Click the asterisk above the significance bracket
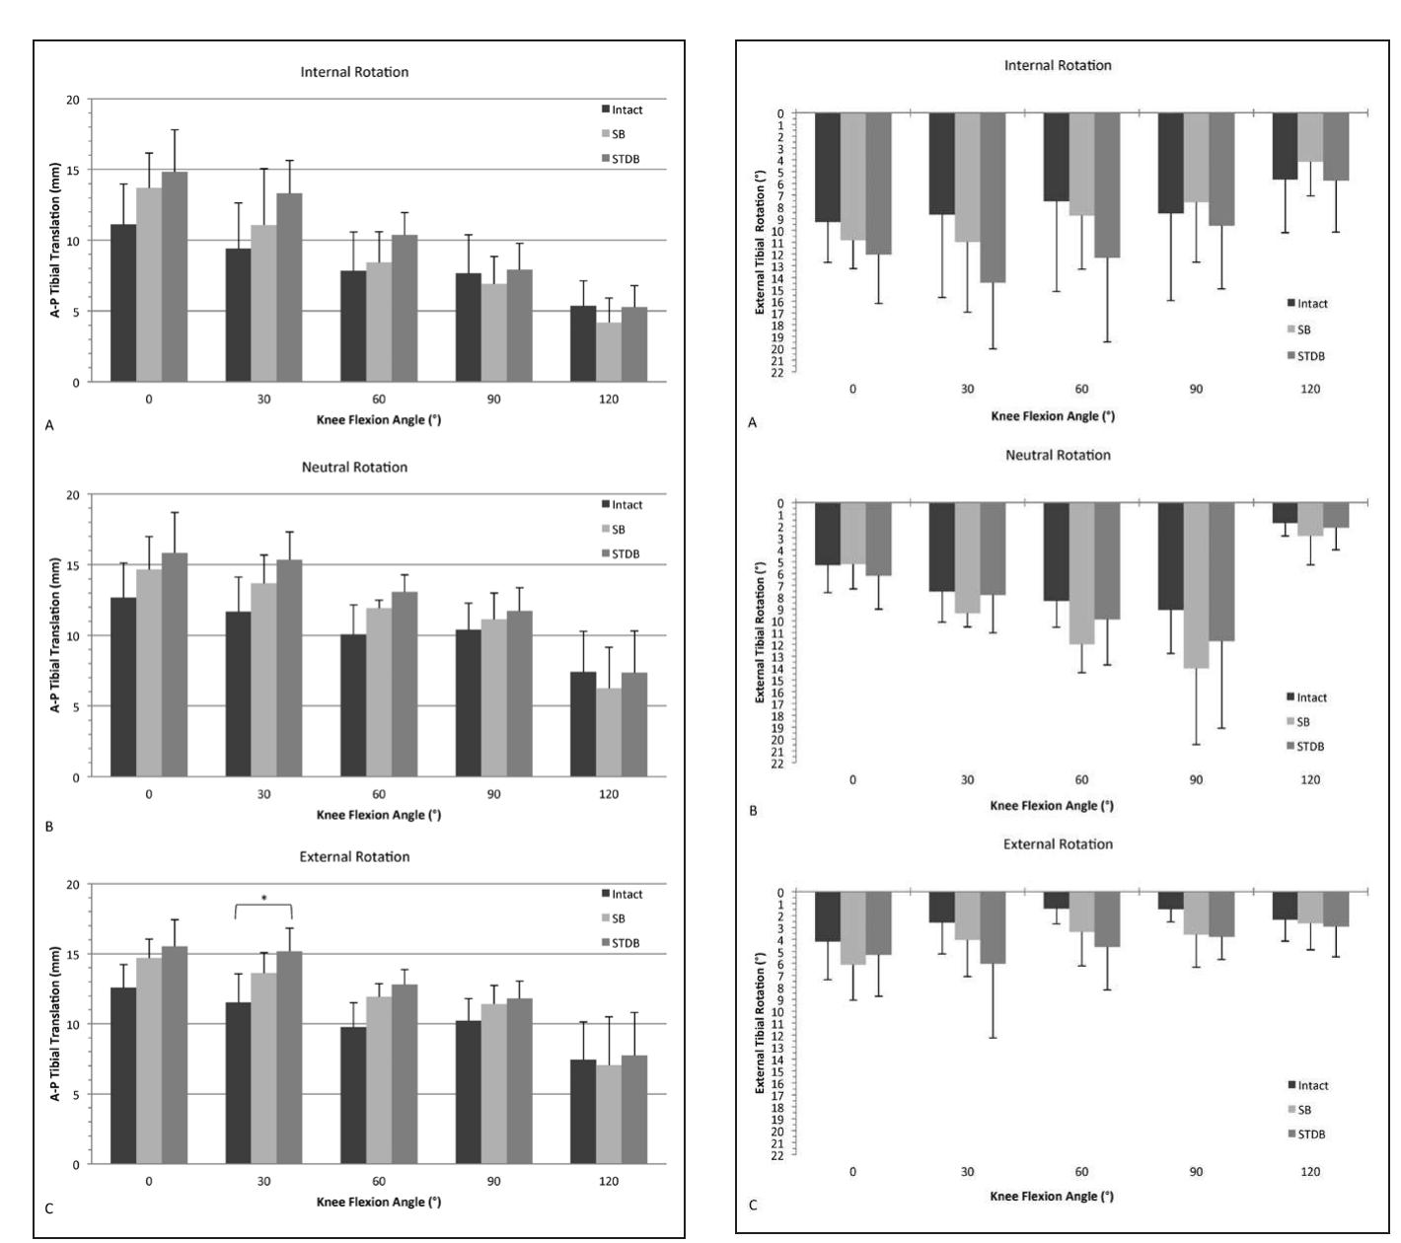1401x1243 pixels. [x=263, y=899]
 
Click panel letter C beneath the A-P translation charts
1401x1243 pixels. [x=48, y=1206]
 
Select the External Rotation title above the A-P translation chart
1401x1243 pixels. [x=354, y=856]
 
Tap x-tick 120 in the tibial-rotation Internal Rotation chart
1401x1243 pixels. [x=1310, y=389]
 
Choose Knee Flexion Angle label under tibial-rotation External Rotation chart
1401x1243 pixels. [x=1052, y=1196]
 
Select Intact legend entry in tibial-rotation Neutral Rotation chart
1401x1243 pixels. [x=1307, y=697]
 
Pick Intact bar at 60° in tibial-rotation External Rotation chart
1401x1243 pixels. [x=1056, y=901]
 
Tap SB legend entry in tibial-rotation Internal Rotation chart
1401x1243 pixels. [x=1303, y=329]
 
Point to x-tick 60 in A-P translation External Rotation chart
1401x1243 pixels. [x=379, y=1181]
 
